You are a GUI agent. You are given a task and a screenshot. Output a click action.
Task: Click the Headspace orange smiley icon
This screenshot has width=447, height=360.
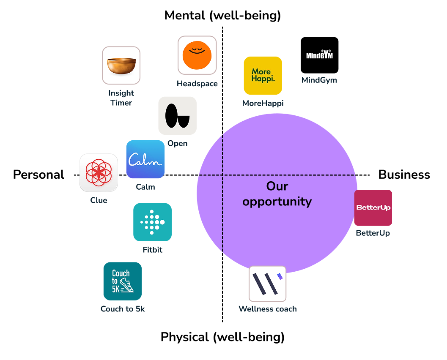click(x=197, y=55)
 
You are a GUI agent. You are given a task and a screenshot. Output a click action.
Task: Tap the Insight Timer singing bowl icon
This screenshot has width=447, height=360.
click(x=121, y=65)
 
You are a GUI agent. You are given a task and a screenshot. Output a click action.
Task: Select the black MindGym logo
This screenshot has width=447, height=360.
click(x=319, y=55)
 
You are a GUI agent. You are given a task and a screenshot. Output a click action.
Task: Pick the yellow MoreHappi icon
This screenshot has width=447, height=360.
click(x=263, y=75)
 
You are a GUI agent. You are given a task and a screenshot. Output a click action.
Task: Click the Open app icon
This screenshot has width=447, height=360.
click(x=177, y=116)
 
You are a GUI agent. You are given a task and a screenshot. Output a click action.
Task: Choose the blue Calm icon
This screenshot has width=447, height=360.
click(x=145, y=159)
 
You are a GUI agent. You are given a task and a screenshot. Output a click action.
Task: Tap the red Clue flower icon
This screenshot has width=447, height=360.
click(x=99, y=173)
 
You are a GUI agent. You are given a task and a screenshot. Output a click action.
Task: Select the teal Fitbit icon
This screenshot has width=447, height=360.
click(x=152, y=222)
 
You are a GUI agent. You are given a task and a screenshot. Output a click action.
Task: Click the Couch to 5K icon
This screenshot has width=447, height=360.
click(x=123, y=281)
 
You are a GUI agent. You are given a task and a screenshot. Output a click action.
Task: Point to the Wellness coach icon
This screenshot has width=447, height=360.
click(x=267, y=284)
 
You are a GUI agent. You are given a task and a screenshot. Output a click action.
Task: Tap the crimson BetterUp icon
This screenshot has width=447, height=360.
click(x=373, y=208)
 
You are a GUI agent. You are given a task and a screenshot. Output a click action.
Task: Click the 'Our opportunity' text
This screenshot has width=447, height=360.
click(x=277, y=194)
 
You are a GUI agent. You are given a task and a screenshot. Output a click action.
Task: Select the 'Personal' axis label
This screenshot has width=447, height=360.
click(x=38, y=175)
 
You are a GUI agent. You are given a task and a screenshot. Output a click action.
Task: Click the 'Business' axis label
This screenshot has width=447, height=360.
click(x=404, y=175)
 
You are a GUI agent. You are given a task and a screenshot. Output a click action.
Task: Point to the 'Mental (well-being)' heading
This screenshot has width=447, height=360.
click(x=222, y=16)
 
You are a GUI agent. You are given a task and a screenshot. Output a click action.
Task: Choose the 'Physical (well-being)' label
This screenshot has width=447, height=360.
click(x=222, y=337)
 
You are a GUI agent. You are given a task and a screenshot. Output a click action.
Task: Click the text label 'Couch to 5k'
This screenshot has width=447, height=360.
click(x=123, y=309)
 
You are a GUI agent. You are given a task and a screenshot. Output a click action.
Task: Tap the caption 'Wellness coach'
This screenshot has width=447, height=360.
click(x=268, y=309)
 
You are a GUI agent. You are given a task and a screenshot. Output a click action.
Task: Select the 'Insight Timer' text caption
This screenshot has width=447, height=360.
click(x=121, y=98)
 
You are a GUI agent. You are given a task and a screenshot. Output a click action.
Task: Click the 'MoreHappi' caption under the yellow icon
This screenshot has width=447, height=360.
click(x=263, y=103)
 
